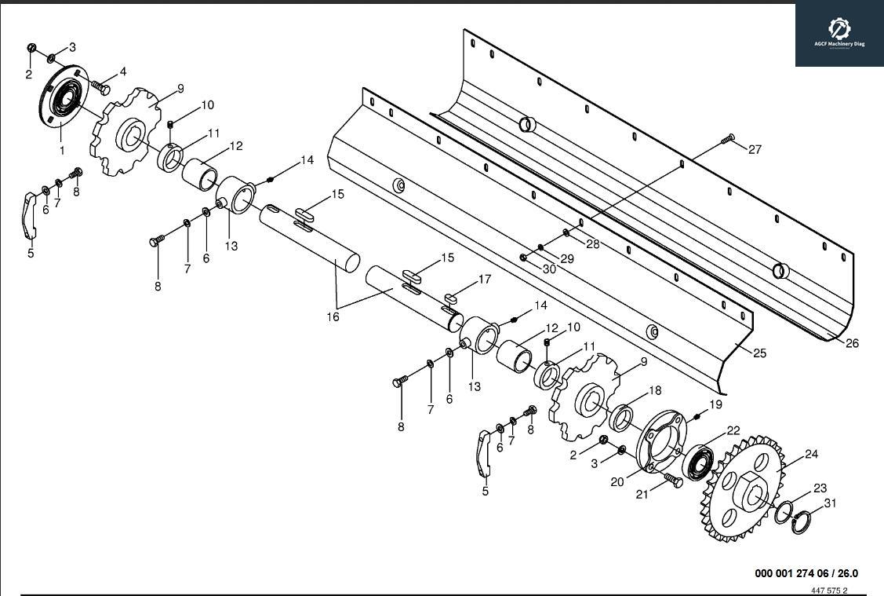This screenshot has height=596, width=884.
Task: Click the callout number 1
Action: [x=62, y=149]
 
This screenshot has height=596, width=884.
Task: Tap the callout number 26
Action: [x=852, y=343]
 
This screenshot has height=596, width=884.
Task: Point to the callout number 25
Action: [x=759, y=354]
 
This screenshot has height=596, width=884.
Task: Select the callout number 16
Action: [x=333, y=316]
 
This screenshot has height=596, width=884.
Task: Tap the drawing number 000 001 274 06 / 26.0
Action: [x=806, y=573]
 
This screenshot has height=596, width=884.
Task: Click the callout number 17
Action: [x=484, y=280]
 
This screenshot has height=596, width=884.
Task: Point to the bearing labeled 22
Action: [x=697, y=463]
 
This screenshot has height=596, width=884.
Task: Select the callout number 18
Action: [x=654, y=391]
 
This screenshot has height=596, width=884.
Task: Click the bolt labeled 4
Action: [x=100, y=86]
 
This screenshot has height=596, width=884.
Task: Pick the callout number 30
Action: [x=548, y=269]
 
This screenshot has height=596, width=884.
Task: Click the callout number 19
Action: [x=715, y=404]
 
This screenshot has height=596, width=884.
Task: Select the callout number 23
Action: [x=820, y=488]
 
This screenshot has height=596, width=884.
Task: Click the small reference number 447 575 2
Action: [x=829, y=591]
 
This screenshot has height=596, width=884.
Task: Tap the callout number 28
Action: [x=592, y=244]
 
